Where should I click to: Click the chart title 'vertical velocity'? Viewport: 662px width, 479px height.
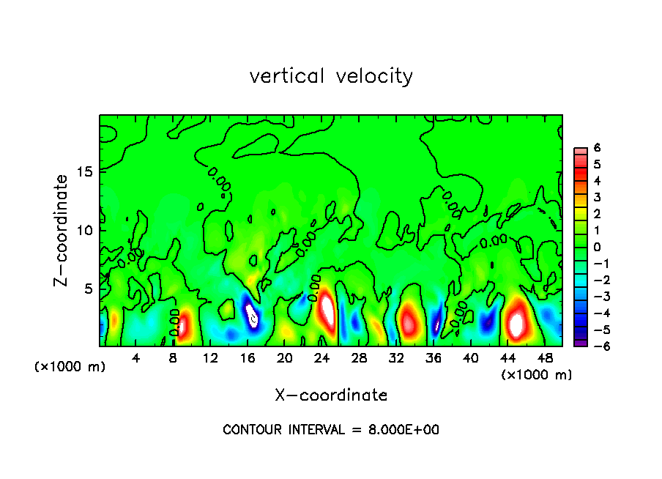click(331, 76)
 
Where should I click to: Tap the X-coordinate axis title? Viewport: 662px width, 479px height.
click(331, 396)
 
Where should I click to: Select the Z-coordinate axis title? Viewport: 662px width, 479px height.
click(64, 230)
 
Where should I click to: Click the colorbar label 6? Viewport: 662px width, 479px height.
click(597, 148)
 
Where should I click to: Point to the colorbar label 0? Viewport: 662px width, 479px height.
click(597, 247)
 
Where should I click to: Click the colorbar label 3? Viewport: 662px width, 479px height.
click(597, 198)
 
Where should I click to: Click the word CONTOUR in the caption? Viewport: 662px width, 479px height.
click(253, 430)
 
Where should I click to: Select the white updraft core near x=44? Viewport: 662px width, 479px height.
click(517, 323)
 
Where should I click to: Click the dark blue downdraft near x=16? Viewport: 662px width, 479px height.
click(251, 313)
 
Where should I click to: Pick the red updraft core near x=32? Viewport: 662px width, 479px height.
click(409, 320)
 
